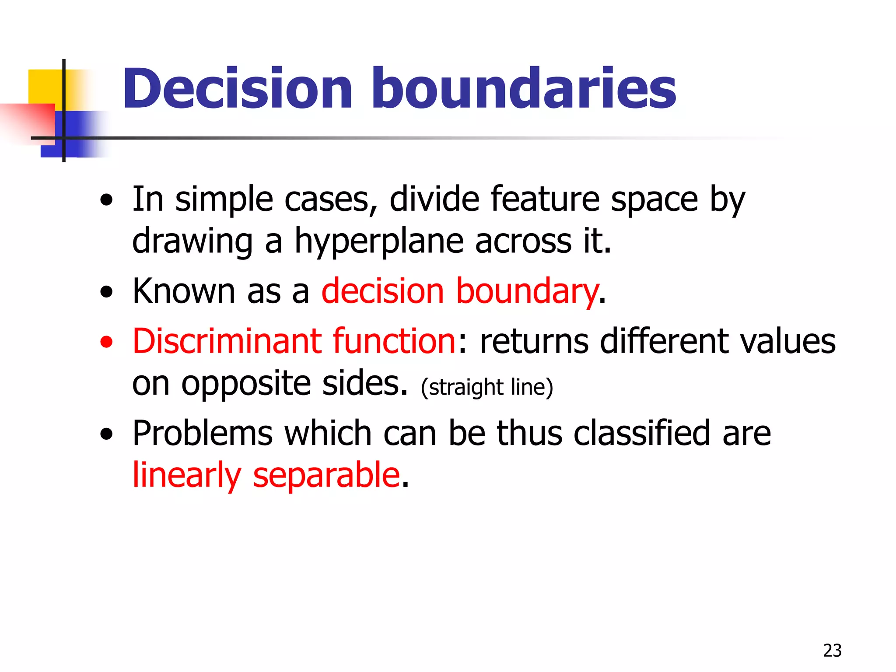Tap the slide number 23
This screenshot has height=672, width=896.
coord(832,651)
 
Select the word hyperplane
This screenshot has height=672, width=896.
coord(379,241)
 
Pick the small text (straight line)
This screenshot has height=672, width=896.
coord(487,387)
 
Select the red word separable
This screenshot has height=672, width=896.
coord(326,475)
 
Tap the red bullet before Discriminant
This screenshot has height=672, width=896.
coord(106,342)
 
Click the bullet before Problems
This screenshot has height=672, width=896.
coord(106,434)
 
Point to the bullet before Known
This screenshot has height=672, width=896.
coord(106,292)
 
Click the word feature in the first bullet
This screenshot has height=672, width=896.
coord(545,199)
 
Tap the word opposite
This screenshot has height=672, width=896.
coord(245,384)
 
